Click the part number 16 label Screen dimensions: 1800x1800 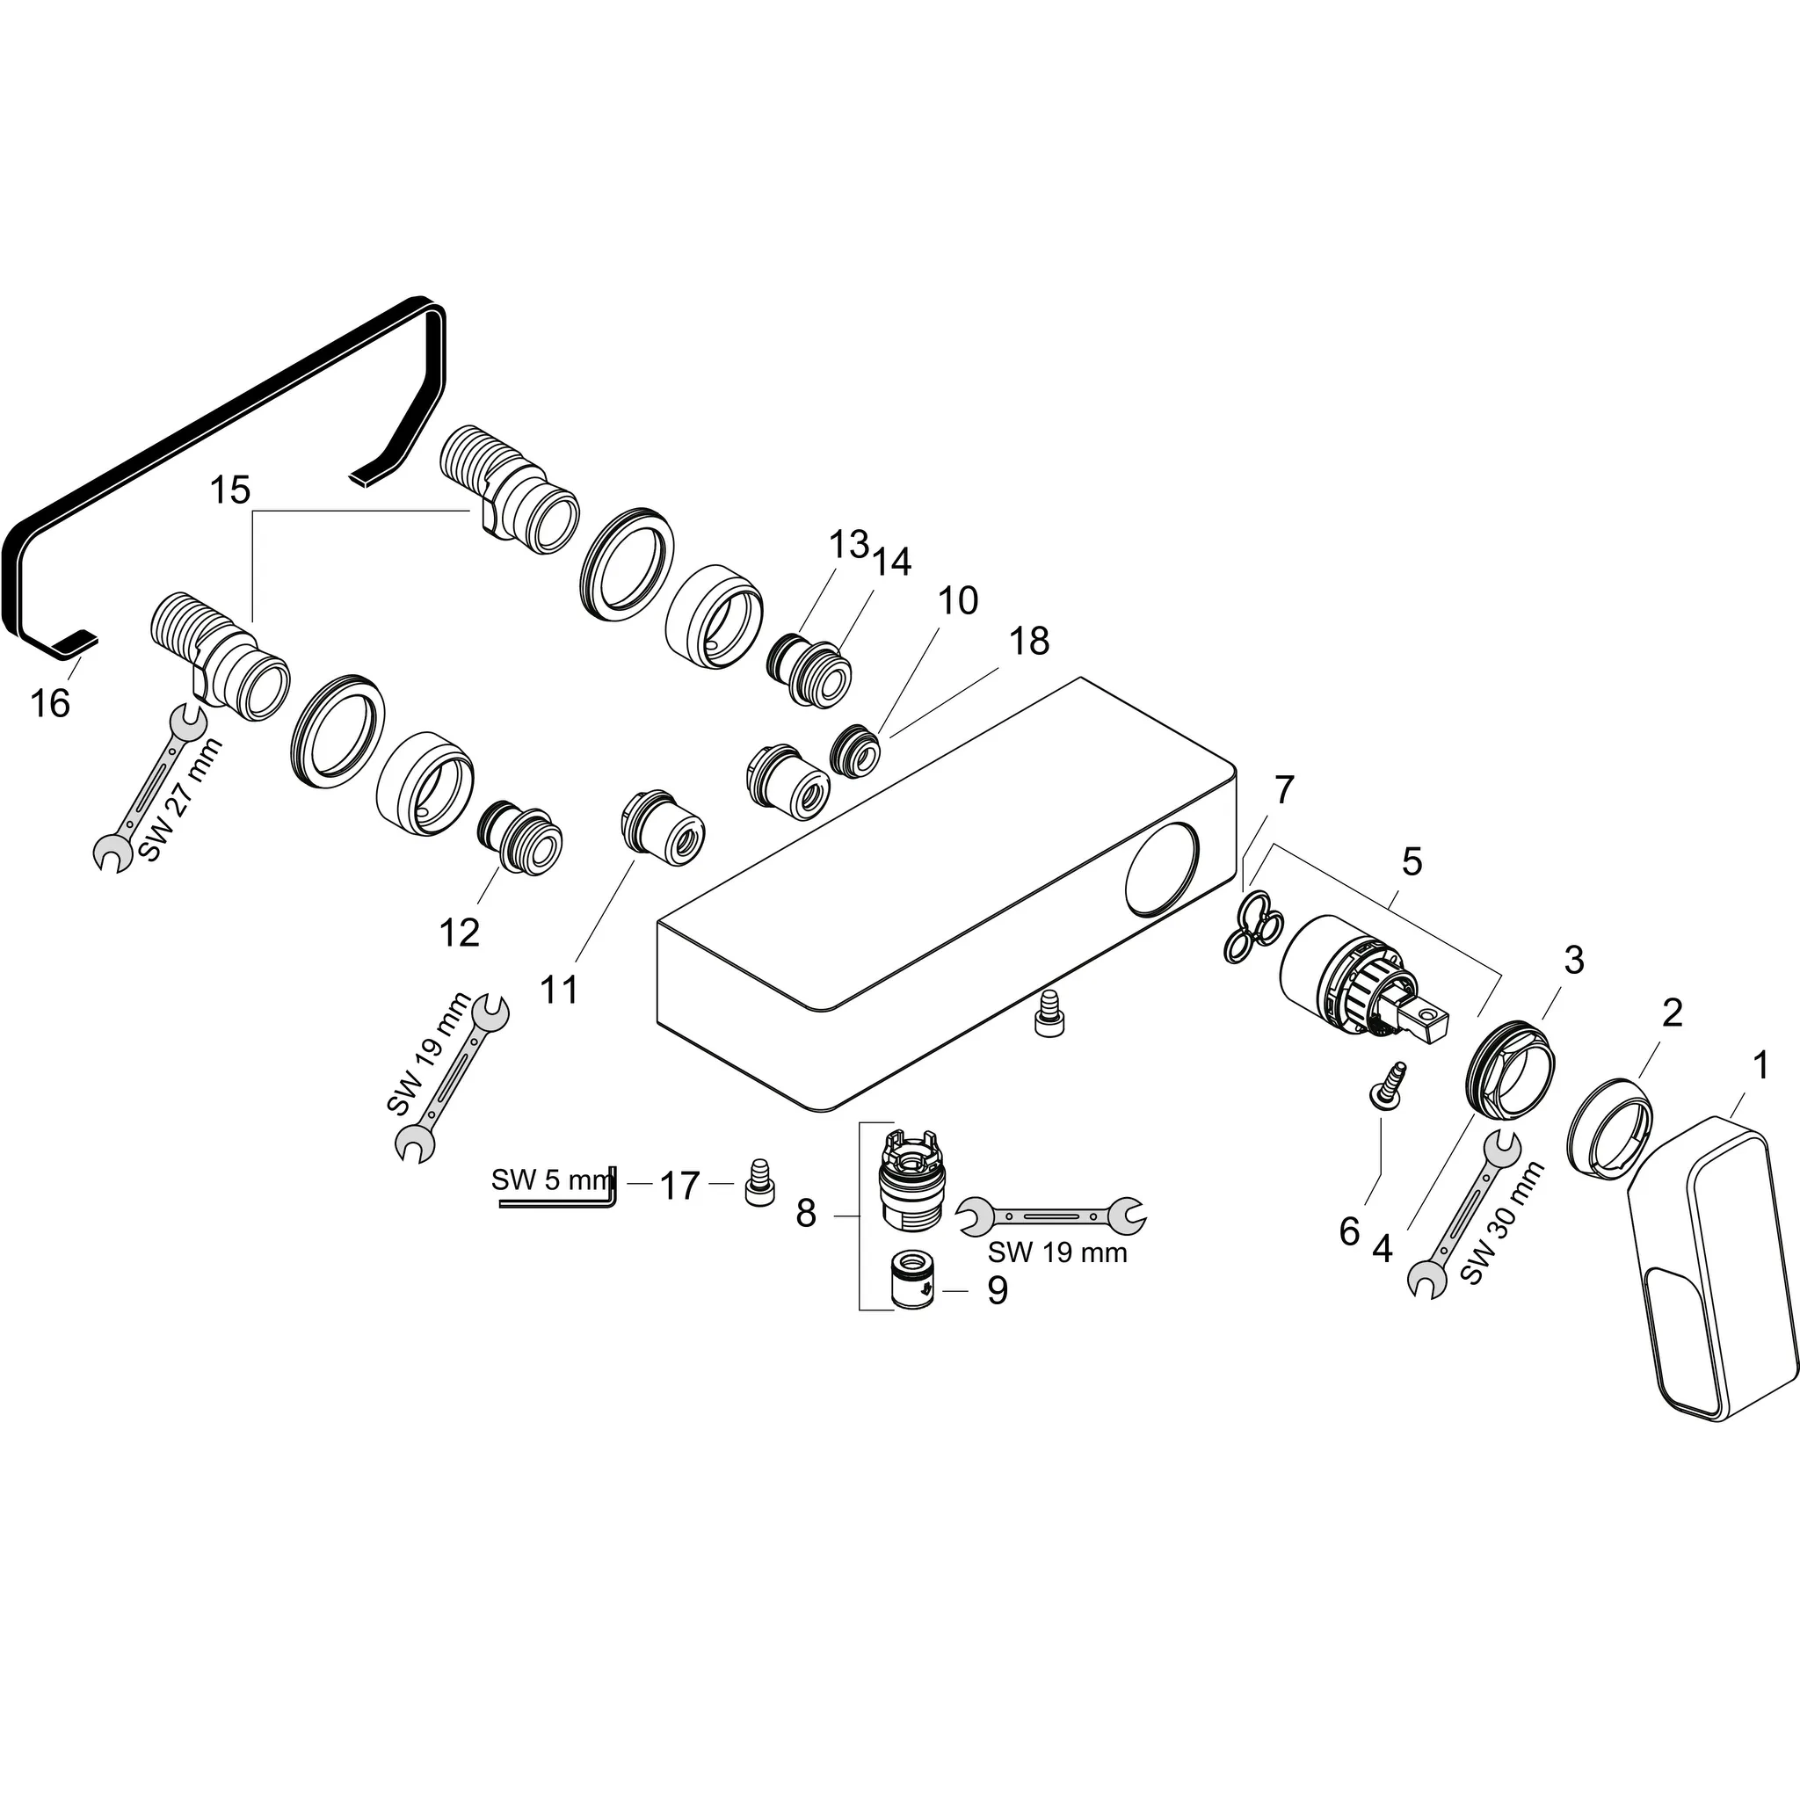[x=50, y=703]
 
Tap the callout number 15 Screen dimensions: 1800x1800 [x=230, y=490]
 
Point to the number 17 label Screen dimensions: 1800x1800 [x=679, y=1186]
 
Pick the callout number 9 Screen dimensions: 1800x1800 [x=997, y=1290]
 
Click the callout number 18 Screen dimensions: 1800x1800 [x=1028, y=641]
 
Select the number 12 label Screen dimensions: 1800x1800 [x=460, y=933]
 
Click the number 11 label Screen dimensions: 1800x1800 [x=559, y=989]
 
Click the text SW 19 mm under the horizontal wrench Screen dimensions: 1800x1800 [x=1057, y=1252]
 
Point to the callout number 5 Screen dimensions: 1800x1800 [x=1412, y=862]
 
